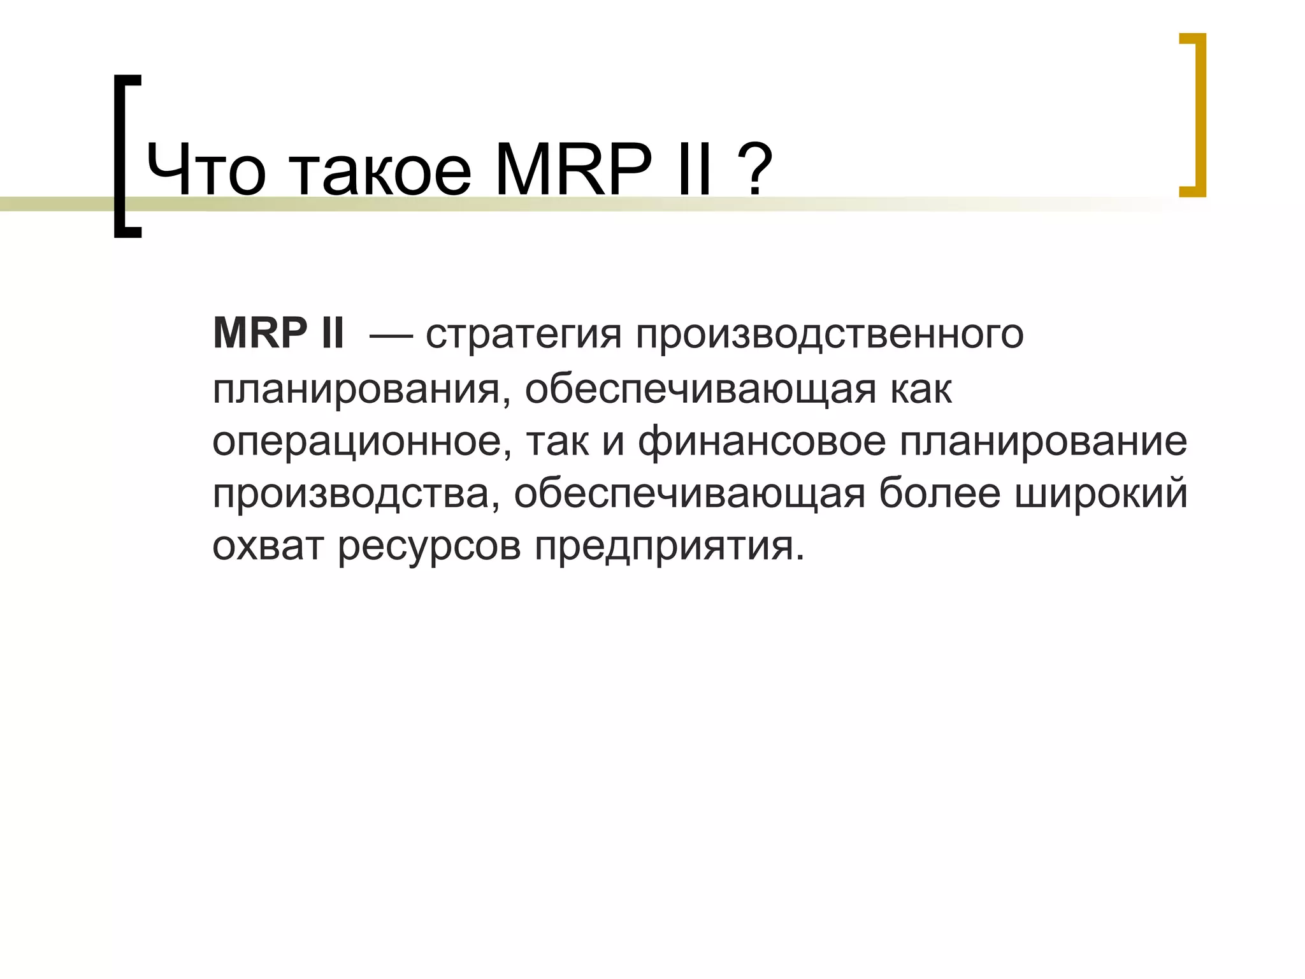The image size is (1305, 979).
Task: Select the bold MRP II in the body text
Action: point(278,333)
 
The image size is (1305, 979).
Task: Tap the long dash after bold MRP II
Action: point(391,334)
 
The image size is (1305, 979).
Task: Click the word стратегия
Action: point(523,335)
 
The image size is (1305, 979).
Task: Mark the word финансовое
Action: point(761,442)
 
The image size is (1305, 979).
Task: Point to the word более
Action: point(939,493)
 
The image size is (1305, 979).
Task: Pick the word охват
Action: point(268,546)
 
